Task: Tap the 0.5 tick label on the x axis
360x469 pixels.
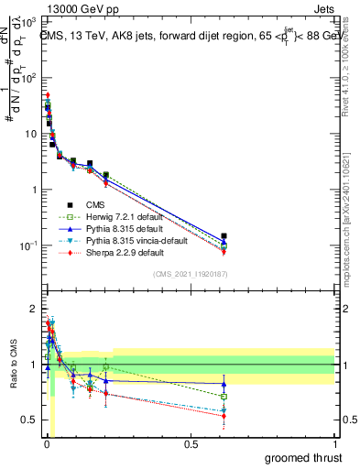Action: (190, 444)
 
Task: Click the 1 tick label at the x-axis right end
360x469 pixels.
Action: (334, 444)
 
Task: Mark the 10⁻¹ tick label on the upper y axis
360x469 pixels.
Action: (27, 245)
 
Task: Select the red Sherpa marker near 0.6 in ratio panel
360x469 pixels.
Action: (224, 416)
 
